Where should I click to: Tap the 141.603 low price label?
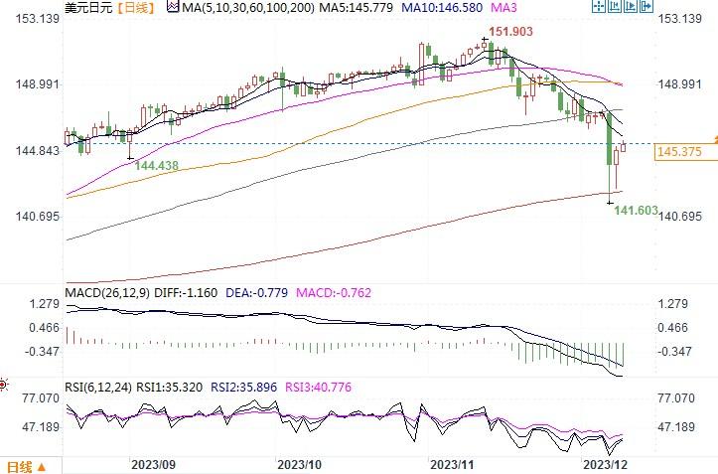coord(638,211)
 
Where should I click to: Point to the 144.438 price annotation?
coord(158,166)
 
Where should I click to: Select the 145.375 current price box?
coord(680,152)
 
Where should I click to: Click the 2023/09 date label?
coord(153,464)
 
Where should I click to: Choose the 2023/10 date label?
coord(300,464)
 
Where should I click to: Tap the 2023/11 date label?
coord(452,464)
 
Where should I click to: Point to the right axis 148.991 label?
coord(680,84)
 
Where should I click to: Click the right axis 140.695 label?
coord(680,217)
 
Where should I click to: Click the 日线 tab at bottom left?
coord(20,466)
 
